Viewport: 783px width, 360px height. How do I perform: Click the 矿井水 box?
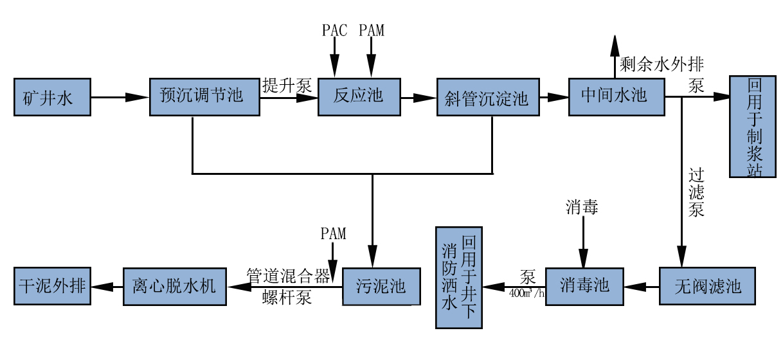click(x=52, y=98)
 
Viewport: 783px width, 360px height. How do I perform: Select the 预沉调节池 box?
click(x=204, y=97)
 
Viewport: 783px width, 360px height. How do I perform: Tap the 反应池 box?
click(x=359, y=97)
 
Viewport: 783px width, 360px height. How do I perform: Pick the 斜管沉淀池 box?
click(x=487, y=98)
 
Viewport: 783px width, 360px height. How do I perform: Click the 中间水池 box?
click(x=616, y=97)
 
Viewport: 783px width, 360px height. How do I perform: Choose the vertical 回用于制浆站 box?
click(x=752, y=127)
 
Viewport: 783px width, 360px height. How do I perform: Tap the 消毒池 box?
click(x=585, y=285)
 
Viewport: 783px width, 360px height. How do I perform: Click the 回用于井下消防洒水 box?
click(x=458, y=278)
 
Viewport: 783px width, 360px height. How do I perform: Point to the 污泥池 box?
click(x=381, y=287)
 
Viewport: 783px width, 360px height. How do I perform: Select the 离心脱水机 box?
click(x=175, y=287)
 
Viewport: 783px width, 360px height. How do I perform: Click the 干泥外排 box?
click(x=52, y=287)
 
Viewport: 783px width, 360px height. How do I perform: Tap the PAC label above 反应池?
click(x=334, y=30)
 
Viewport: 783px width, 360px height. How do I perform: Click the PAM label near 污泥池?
click(x=333, y=234)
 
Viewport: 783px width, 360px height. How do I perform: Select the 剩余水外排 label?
click(x=661, y=65)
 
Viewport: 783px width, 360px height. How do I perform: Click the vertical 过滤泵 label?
click(x=697, y=192)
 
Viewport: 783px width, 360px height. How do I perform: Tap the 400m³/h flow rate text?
click(x=526, y=294)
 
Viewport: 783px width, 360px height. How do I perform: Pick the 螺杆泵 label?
click(x=287, y=298)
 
